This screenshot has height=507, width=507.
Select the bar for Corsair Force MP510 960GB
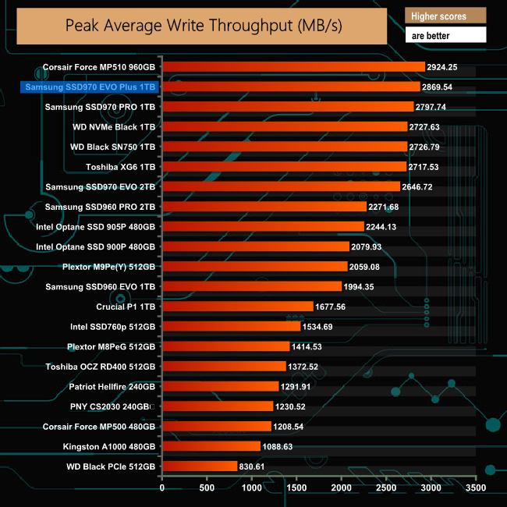(x=293, y=67)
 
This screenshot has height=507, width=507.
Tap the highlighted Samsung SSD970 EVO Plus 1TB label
(x=90, y=87)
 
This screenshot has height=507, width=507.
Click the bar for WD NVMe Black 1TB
(x=284, y=127)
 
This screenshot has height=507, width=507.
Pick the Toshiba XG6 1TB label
(x=121, y=167)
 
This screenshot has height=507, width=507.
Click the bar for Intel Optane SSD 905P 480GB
(x=263, y=227)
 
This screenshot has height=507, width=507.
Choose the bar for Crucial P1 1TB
(x=238, y=307)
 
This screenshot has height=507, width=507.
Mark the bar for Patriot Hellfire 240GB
(x=221, y=386)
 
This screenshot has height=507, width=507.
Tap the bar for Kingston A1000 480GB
(x=211, y=446)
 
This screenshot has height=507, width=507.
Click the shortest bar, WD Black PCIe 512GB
(x=200, y=466)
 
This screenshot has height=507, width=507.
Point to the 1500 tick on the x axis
(x=296, y=488)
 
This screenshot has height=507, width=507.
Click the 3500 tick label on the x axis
(x=476, y=488)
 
